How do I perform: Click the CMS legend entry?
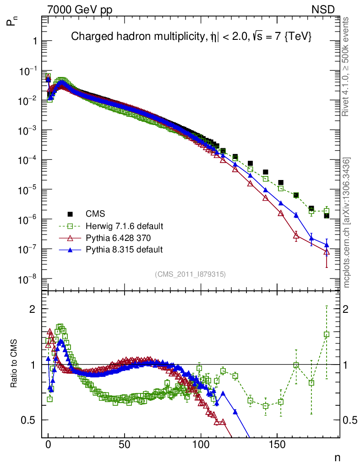coord(95,214)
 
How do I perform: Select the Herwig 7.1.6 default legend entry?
coord(124,226)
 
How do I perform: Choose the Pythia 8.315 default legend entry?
coord(124,250)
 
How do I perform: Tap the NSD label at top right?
coord(324,9)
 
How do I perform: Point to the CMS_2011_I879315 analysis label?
coord(190,274)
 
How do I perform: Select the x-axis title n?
coord(337,458)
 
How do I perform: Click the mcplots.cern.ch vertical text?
coord(347,223)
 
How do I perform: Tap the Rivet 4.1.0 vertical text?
coord(347,66)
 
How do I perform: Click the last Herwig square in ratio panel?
coord(327,334)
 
